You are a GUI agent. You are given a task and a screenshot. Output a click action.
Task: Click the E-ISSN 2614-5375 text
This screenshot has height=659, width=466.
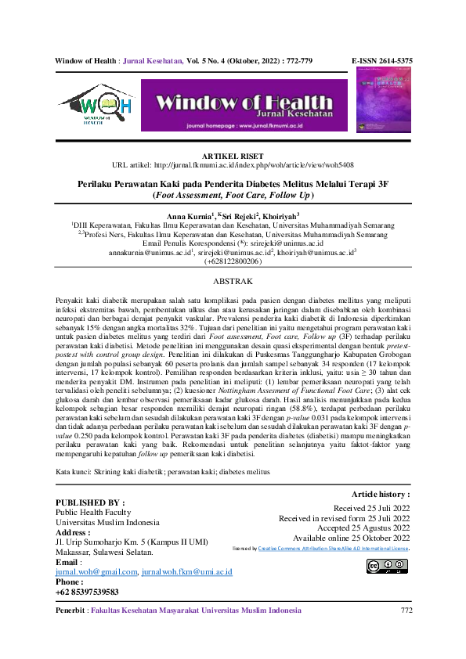(382, 59)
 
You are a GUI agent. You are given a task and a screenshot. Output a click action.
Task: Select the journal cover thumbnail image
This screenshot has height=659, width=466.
(384, 103)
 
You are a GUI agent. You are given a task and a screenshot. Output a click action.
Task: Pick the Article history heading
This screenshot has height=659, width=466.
(381, 495)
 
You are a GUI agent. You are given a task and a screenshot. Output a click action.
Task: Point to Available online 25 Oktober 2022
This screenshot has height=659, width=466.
(351, 538)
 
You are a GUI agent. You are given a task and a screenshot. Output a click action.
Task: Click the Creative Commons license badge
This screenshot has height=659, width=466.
(387, 566)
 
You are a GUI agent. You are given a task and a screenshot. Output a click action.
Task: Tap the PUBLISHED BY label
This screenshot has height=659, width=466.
(90, 502)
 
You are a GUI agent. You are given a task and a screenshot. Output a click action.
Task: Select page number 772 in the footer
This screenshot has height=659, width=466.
(406, 610)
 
